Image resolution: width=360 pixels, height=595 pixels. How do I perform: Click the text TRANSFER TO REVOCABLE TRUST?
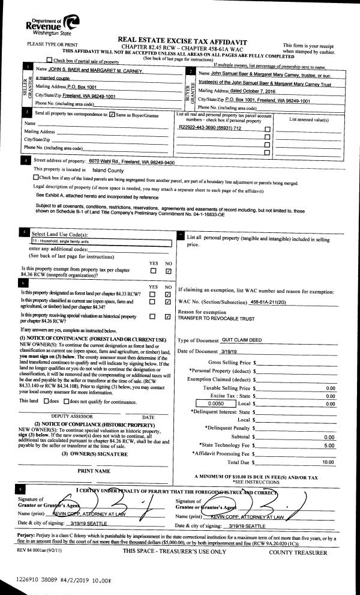coord(216,319)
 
